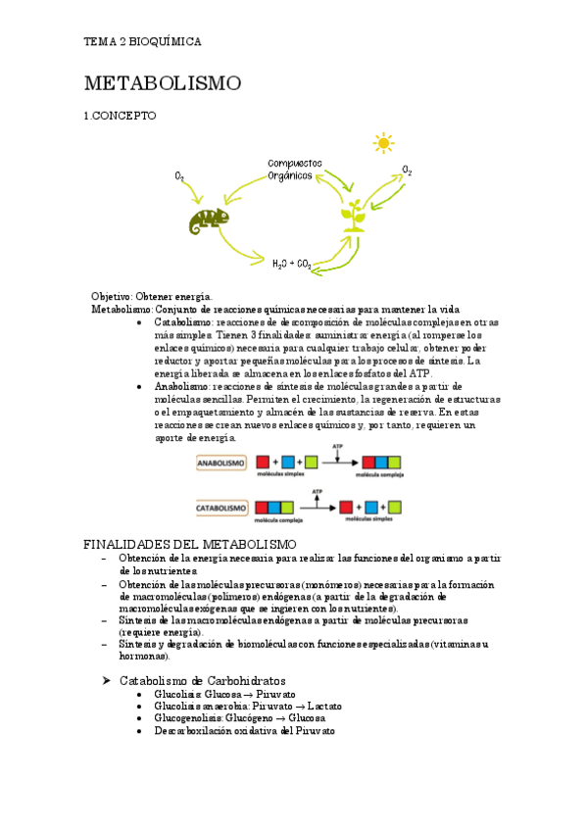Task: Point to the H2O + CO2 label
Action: point(292,264)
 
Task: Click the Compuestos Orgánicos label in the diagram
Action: point(290,170)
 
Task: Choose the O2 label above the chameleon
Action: point(180,176)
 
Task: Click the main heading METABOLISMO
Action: point(162,83)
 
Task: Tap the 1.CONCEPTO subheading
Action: point(120,116)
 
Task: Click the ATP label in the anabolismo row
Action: point(338,446)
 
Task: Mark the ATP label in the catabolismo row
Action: point(317,491)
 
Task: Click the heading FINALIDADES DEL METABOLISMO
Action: point(190,544)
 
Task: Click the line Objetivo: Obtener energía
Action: point(151,296)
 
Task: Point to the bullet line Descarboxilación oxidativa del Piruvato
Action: point(244,731)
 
